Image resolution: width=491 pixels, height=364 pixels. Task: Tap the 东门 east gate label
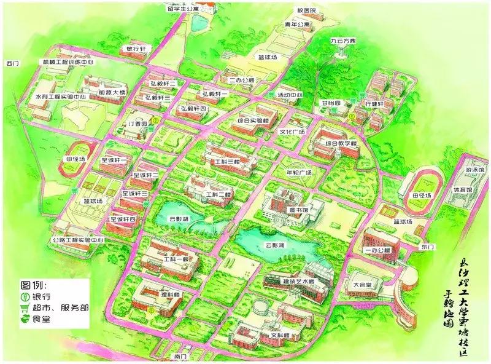point(427,247)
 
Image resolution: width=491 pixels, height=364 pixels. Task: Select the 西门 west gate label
point(13,63)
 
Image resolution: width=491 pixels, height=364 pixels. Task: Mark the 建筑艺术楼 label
point(294,282)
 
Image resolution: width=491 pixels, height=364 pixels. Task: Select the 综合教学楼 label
point(341,143)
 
